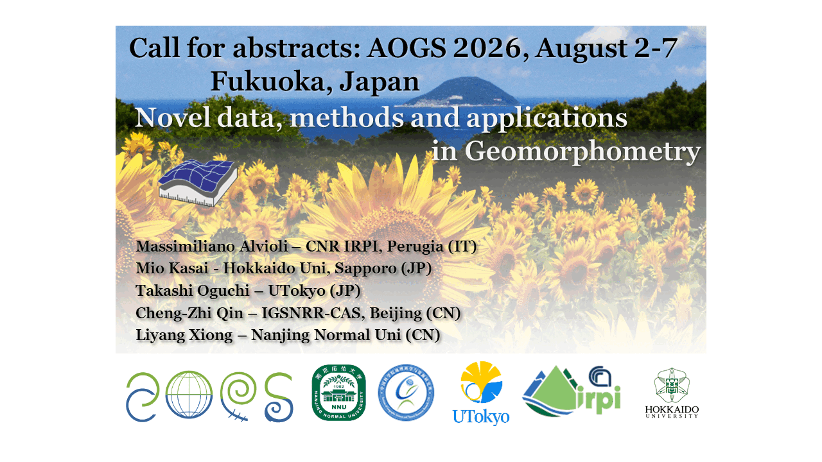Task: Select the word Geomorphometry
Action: [x=581, y=151]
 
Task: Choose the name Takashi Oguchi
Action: [x=192, y=291]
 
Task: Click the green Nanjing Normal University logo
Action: [x=338, y=393]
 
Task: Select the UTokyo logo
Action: [x=481, y=393]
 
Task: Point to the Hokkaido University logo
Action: [x=672, y=393]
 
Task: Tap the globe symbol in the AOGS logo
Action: [x=189, y=397]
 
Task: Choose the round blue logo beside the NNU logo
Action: [x=406, y=393]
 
